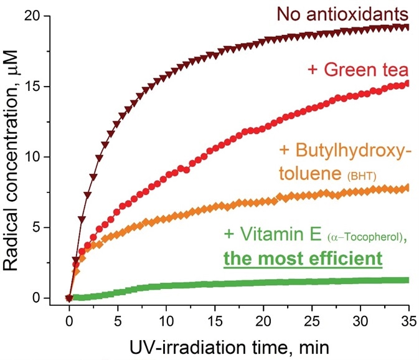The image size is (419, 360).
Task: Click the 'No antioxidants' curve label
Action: click(x=335, y=14)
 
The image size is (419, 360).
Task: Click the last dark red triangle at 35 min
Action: click(x=407, y=27)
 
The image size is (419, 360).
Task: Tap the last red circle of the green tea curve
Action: click(x=407, y=83)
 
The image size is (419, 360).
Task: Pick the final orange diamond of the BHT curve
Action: click(x=407, y=187)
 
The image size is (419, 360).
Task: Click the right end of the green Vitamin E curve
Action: click(x=407, y=280)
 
